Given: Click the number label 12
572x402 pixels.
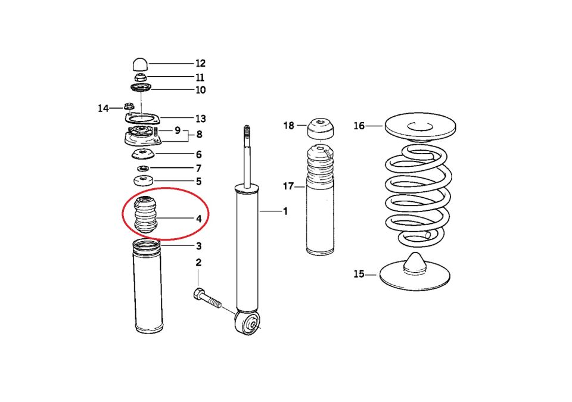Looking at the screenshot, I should point(200,63).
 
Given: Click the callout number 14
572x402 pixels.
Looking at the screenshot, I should point(104,108).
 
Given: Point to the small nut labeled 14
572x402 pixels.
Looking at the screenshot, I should point(128,107).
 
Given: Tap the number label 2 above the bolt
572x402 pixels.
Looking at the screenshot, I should point(198,263).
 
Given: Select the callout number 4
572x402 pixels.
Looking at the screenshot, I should point(199,219).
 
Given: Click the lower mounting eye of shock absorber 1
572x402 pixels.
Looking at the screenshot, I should point(248,323).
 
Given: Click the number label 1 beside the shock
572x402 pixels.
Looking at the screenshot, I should point(285,211).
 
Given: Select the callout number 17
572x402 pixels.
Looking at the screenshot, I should point(289,186).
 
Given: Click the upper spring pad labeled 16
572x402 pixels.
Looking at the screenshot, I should point(420,126).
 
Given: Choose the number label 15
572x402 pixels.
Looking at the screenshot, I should point(359,274).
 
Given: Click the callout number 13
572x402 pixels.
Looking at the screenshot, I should point(200,119).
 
